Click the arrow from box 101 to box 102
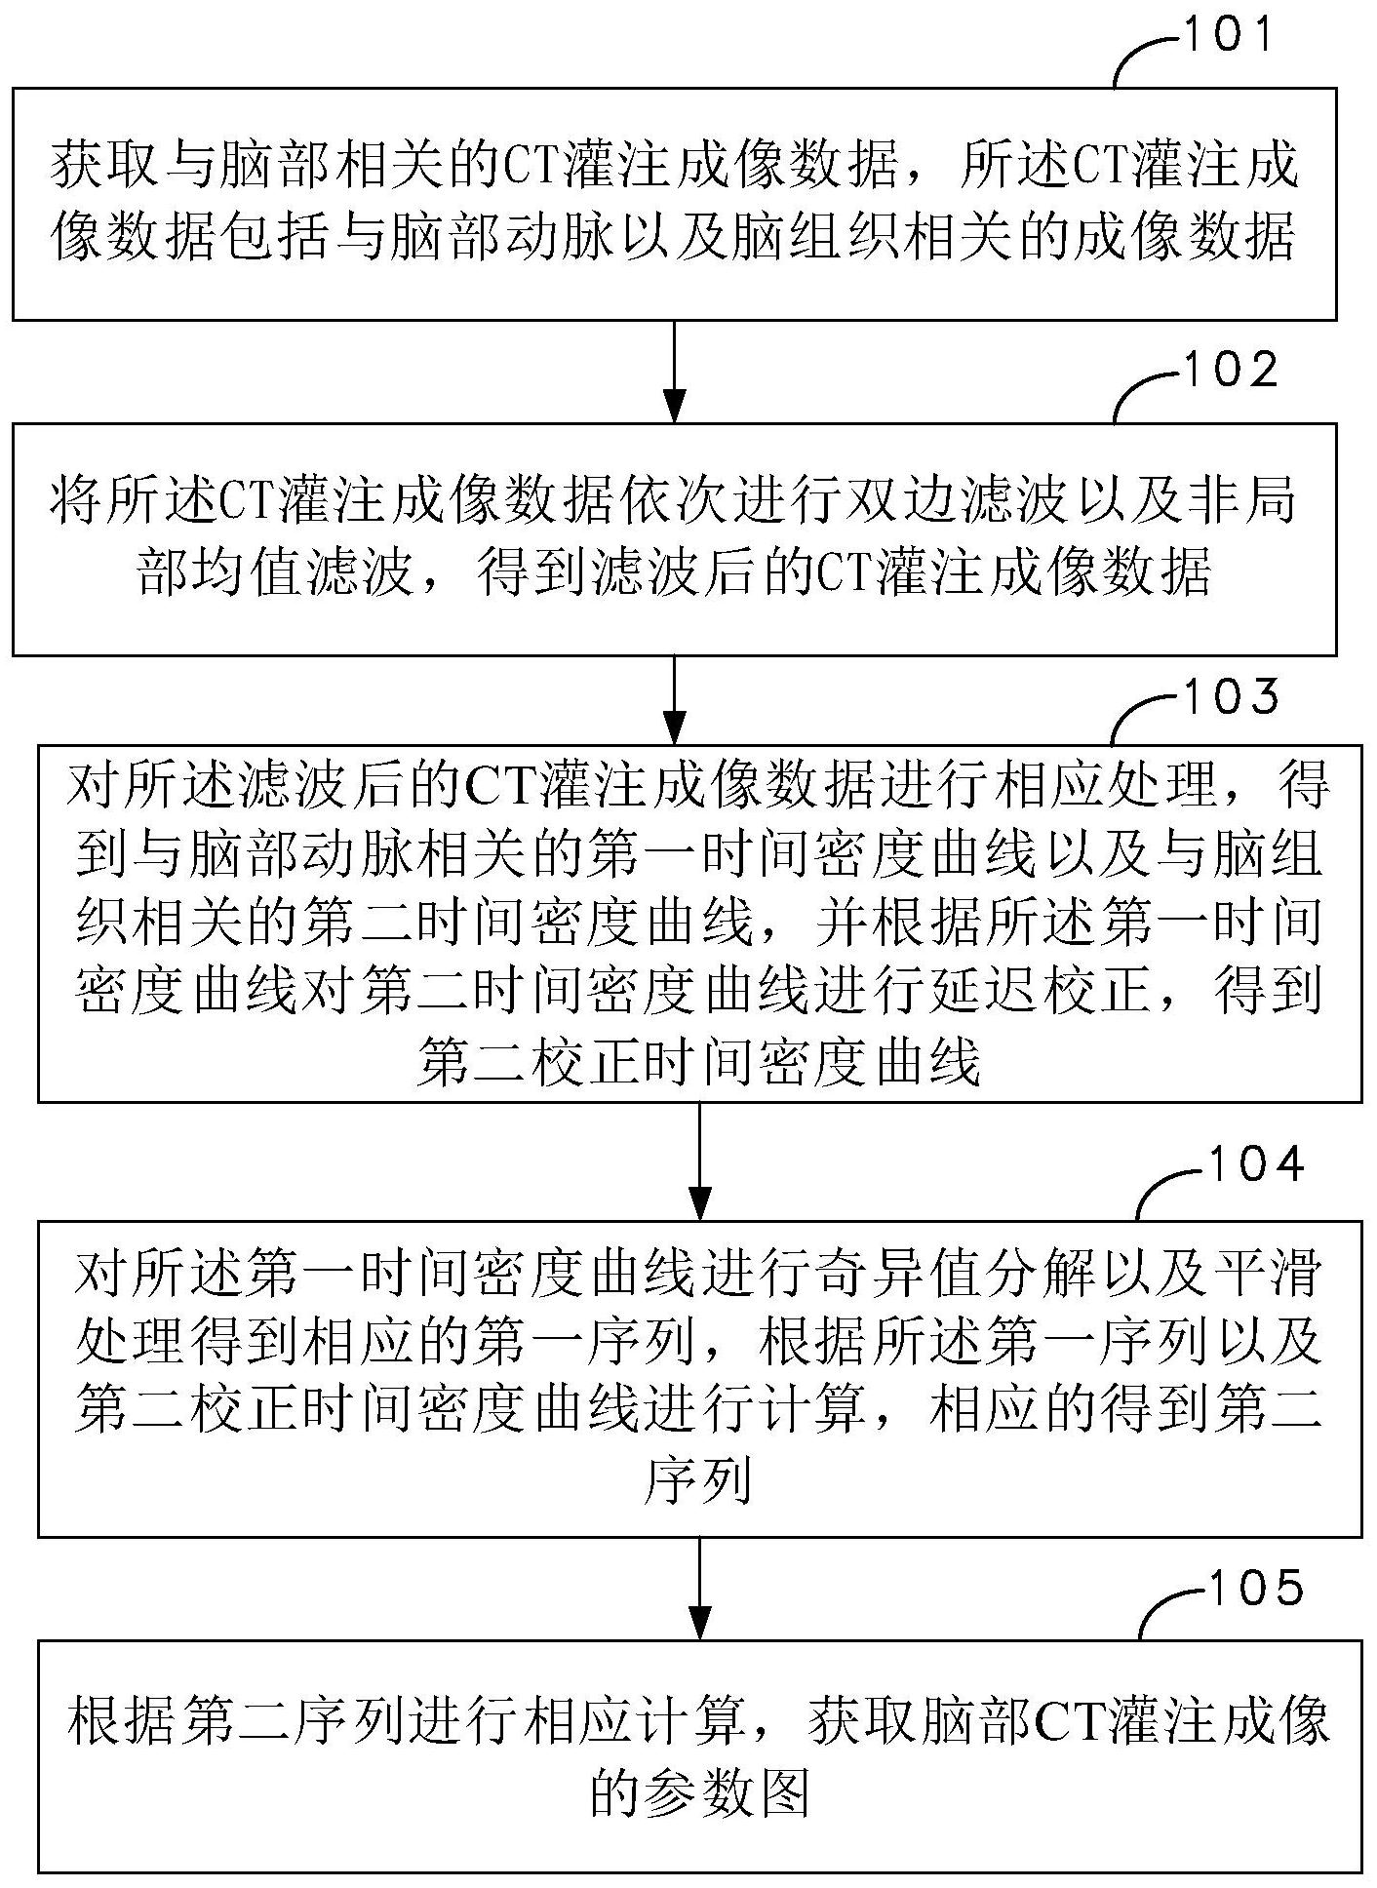pos(674,371)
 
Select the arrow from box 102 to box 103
pos(674,698)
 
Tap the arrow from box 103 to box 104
pos(699,1160)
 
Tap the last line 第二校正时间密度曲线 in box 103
pos(698,1062)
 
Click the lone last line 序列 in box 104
pos(698,1485)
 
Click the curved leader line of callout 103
pos(1136,718)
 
